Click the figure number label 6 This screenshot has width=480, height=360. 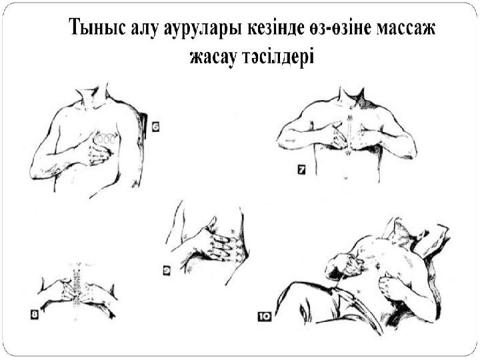click(x=155, y=126)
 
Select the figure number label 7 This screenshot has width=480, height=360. click(x=301, y=171)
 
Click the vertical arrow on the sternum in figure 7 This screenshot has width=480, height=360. click(x=347, y=133)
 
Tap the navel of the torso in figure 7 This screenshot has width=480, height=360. click(x=345, y=179)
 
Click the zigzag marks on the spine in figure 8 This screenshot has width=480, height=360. click(x=79, y=287)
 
